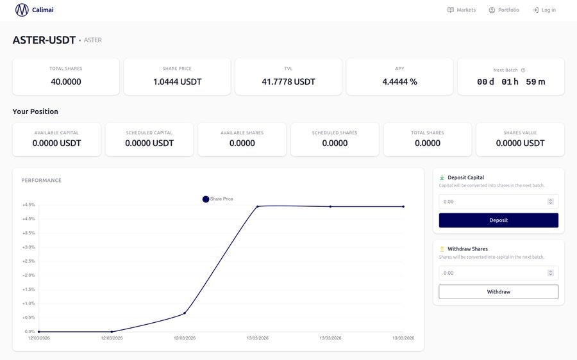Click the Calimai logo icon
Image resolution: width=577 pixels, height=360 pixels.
tap(22, 10)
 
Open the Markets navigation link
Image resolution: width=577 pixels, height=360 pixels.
tap(462, 10)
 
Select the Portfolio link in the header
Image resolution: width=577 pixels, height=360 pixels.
tap(504, 10)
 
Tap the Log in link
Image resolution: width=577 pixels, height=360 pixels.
tap(544, 10)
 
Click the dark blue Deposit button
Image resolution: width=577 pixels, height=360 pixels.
tap(499, 220)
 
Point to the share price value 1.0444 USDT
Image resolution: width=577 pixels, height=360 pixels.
tap(178, 81)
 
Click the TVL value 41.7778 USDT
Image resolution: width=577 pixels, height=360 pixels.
tap(288, 81)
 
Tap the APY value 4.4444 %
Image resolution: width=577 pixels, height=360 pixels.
tap(399, 81)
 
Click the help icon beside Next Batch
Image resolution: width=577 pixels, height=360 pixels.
tap(523, 70)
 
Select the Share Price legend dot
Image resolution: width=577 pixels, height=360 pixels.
tap(206, 199)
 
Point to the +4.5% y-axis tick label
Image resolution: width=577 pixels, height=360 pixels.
tap(29, 205)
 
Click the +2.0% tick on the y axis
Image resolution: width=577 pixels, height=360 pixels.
tap(29, 275)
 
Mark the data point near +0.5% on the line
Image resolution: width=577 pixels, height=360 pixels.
tap(185, 313)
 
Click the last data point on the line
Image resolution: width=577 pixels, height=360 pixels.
tap(403, 207)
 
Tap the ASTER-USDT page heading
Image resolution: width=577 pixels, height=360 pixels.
tap(44, 40)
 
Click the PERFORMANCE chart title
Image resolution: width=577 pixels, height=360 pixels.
tap(41, 180)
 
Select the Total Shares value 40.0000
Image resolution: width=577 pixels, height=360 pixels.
tap(66, 81)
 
